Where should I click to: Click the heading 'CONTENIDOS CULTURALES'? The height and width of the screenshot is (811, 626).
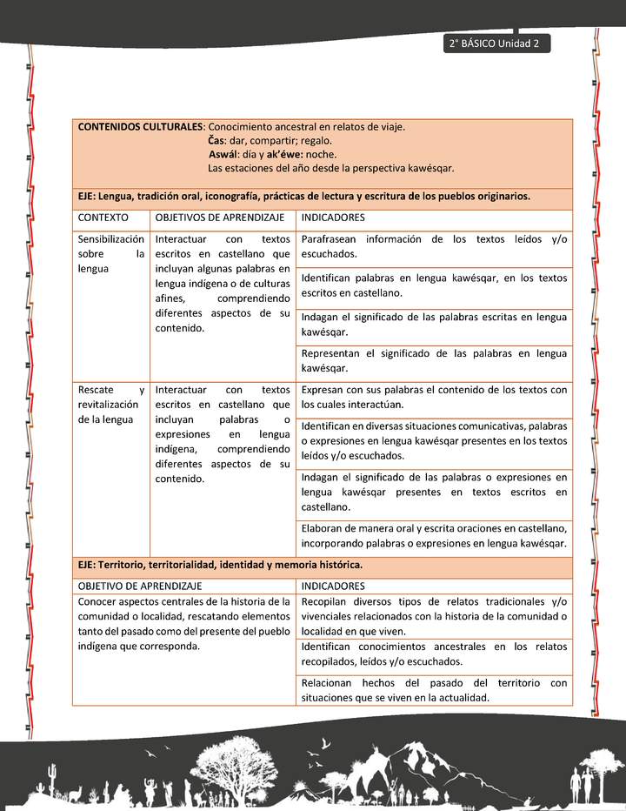coord(140,126)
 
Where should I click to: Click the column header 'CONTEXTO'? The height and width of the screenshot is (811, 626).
coord(103,217)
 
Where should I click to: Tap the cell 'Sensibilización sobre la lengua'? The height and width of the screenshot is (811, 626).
coord(111,253)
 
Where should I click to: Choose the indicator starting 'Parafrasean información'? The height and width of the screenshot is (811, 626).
coord(434,246)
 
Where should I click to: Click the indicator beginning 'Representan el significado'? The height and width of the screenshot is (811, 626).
coord(434,360)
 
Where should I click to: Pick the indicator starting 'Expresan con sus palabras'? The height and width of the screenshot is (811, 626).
coord(434,397)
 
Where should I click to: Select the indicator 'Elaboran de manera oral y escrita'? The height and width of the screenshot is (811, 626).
coord(434,535)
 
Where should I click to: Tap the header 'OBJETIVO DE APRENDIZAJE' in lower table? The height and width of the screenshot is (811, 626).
coord(140,586)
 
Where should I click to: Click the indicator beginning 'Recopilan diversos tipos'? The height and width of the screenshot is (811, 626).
coord(434,616)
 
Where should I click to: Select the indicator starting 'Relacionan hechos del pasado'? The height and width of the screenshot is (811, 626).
coord(434,690)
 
